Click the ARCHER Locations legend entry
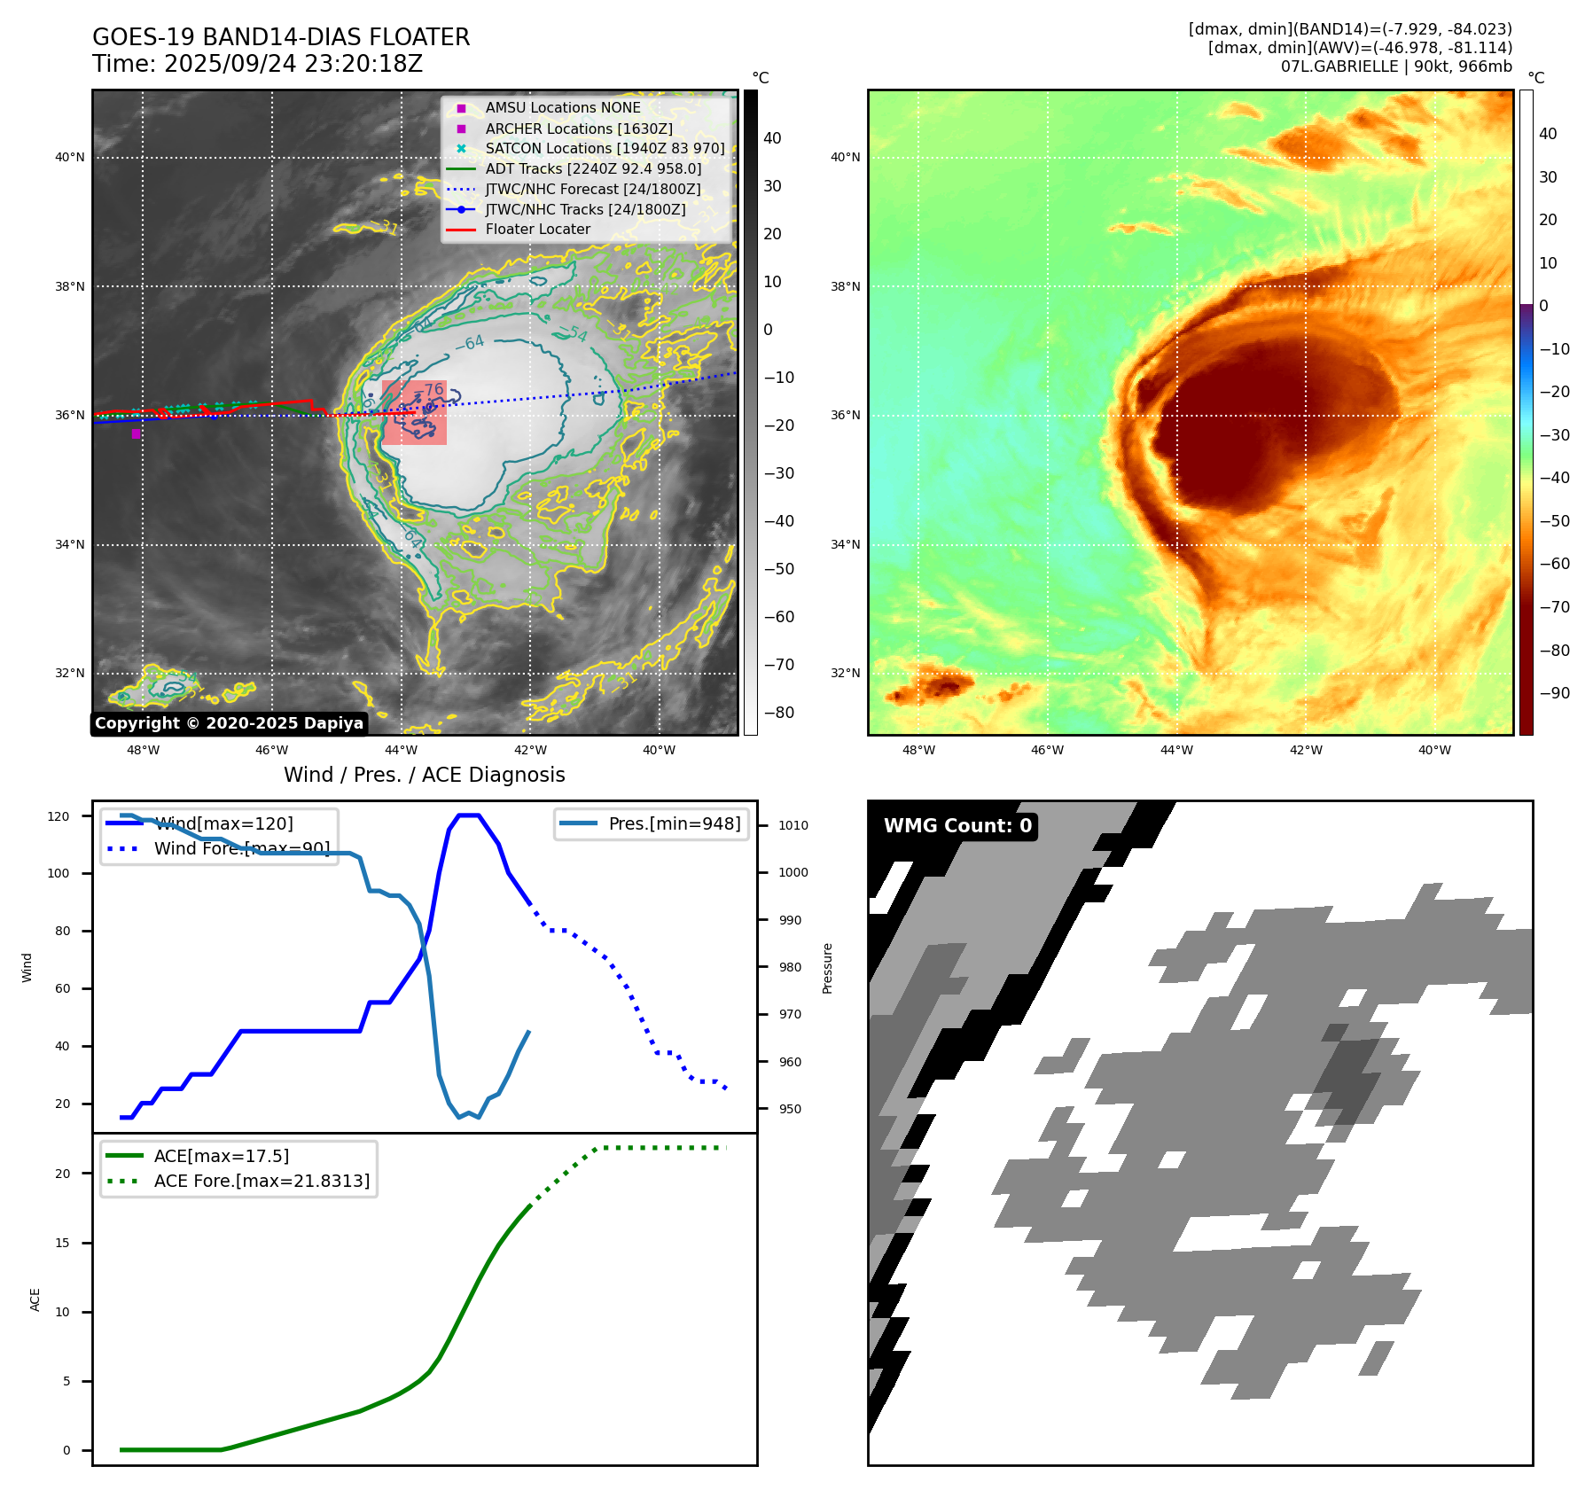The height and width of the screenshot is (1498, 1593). pyautogui.click(x=578, y=129)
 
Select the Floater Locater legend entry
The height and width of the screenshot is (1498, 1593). pyautogui.click(x=537, y=229)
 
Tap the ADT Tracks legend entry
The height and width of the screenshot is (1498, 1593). pyautogui.click(x=592, y=168)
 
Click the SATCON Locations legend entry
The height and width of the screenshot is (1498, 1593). pyautogui.click(x=604, y=148)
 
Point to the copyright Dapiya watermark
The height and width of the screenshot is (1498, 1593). pyautogui.click(x=229, y=723)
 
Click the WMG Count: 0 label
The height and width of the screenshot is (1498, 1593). pyautogui.click(x=957, y=826)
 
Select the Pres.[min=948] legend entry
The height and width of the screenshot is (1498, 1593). pyautogui.click(x=674, y=823)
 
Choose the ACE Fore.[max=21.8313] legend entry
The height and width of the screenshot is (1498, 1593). pyautogui.click(x=262, y=1181)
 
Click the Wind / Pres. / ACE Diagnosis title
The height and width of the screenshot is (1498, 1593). pyautogui.click(x=424, y=775)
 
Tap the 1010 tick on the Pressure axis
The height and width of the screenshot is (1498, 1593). pyautogui.click(x=793, y=825)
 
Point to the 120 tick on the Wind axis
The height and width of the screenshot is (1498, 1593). pyautogui.click(x=59, y=816)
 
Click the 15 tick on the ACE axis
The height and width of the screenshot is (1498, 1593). pyautogui.click(x=62, y=1243)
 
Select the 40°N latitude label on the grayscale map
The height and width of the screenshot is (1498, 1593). pyautogui.click(x=70, y=158)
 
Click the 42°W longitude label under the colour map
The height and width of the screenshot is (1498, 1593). pyautogui.click(x=1305, y=750)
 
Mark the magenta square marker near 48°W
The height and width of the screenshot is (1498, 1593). pyautogui.click(x=136, y=433)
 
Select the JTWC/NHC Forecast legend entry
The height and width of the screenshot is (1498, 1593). pyautogui.click(x=592, y=189)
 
